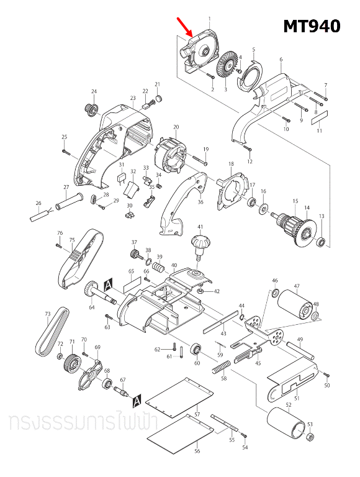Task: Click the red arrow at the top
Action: [185, 27]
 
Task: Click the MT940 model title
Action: [312, 26]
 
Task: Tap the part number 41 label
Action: [200, 227]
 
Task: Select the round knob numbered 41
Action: [200, 243]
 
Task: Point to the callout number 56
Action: [197, 452]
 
